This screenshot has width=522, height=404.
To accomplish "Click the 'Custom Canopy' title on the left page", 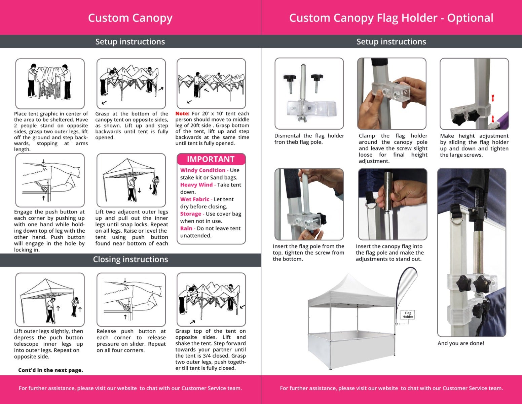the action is (130, 18).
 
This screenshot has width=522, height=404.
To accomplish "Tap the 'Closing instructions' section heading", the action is (130, 259).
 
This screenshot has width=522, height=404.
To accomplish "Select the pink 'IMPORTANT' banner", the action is (211, 159).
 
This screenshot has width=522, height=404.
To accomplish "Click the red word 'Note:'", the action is (182, 113).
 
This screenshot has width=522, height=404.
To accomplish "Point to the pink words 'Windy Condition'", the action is (203, 170).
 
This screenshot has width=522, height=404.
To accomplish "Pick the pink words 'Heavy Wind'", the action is (196, 185).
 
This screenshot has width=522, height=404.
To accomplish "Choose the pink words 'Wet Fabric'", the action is (195, 199).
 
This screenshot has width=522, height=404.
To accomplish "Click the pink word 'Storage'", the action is (191, 214).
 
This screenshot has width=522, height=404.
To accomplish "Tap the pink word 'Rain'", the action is (186, 228).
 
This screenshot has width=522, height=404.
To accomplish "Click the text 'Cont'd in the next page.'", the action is (51, 370).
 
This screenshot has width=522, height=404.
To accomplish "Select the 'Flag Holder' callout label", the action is (408, 315).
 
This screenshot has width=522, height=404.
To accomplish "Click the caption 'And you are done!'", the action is (461, 343).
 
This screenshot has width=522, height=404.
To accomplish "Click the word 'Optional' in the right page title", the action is (470, 18).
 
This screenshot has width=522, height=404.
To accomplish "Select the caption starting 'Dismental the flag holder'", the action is (309, 139).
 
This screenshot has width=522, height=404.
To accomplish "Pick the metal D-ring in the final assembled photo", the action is (456, 220).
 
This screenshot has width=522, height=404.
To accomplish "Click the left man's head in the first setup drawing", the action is (34, 66).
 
